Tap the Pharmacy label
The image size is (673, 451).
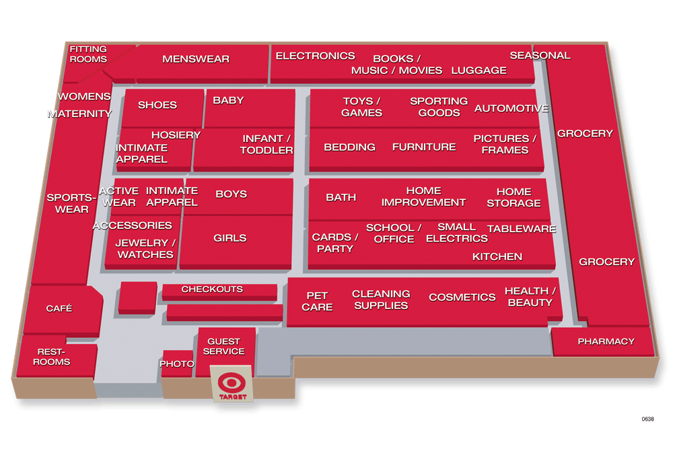(606, 341)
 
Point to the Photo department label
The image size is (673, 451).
(176, 364)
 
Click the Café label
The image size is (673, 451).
(59, 308)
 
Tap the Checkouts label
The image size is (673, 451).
(212, 289)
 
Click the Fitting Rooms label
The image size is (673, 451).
(88, 54)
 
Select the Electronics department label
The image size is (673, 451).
(315, 56)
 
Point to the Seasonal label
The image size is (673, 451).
(540, 55)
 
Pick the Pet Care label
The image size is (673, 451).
(317, 301)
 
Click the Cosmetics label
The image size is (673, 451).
(462, 297)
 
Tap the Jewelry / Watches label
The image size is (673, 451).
(145, 248)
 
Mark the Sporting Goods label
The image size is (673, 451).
(439, 107)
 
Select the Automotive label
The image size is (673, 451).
(511, 108)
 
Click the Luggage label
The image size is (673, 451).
(479, 70)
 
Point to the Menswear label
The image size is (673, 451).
(196, 59)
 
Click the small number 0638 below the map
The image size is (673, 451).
(647, 419)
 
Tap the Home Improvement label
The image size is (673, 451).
(423, 197)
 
